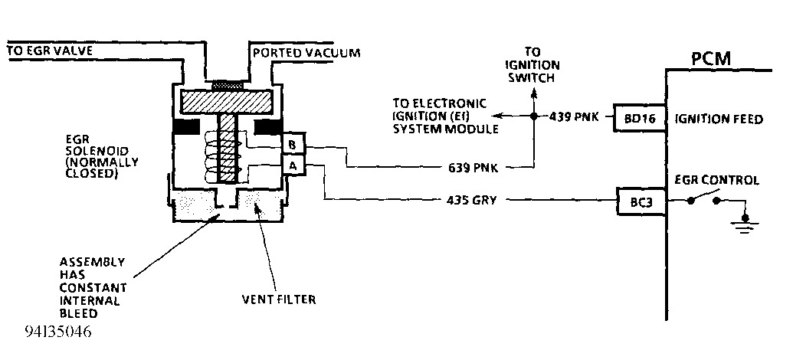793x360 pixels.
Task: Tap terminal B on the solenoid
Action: pyautogui.click(x=293, y=144)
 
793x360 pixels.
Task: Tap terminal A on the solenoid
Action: pyautogui.click(x=293, y=164)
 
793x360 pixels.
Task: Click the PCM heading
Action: pyautogui.click(x=711, y=58)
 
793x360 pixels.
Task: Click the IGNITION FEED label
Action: pyautogui.click(x=718, y=119)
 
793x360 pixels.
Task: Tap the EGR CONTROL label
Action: pyautogui.click(x=716, y=181)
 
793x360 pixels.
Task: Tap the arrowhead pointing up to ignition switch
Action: pyautogui.click(x=534, y=90)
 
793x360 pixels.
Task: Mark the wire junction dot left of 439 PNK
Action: pyautogui.click(x=534, y=117)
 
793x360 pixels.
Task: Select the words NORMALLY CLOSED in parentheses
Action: pyautogui.click(x=102, y=168)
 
